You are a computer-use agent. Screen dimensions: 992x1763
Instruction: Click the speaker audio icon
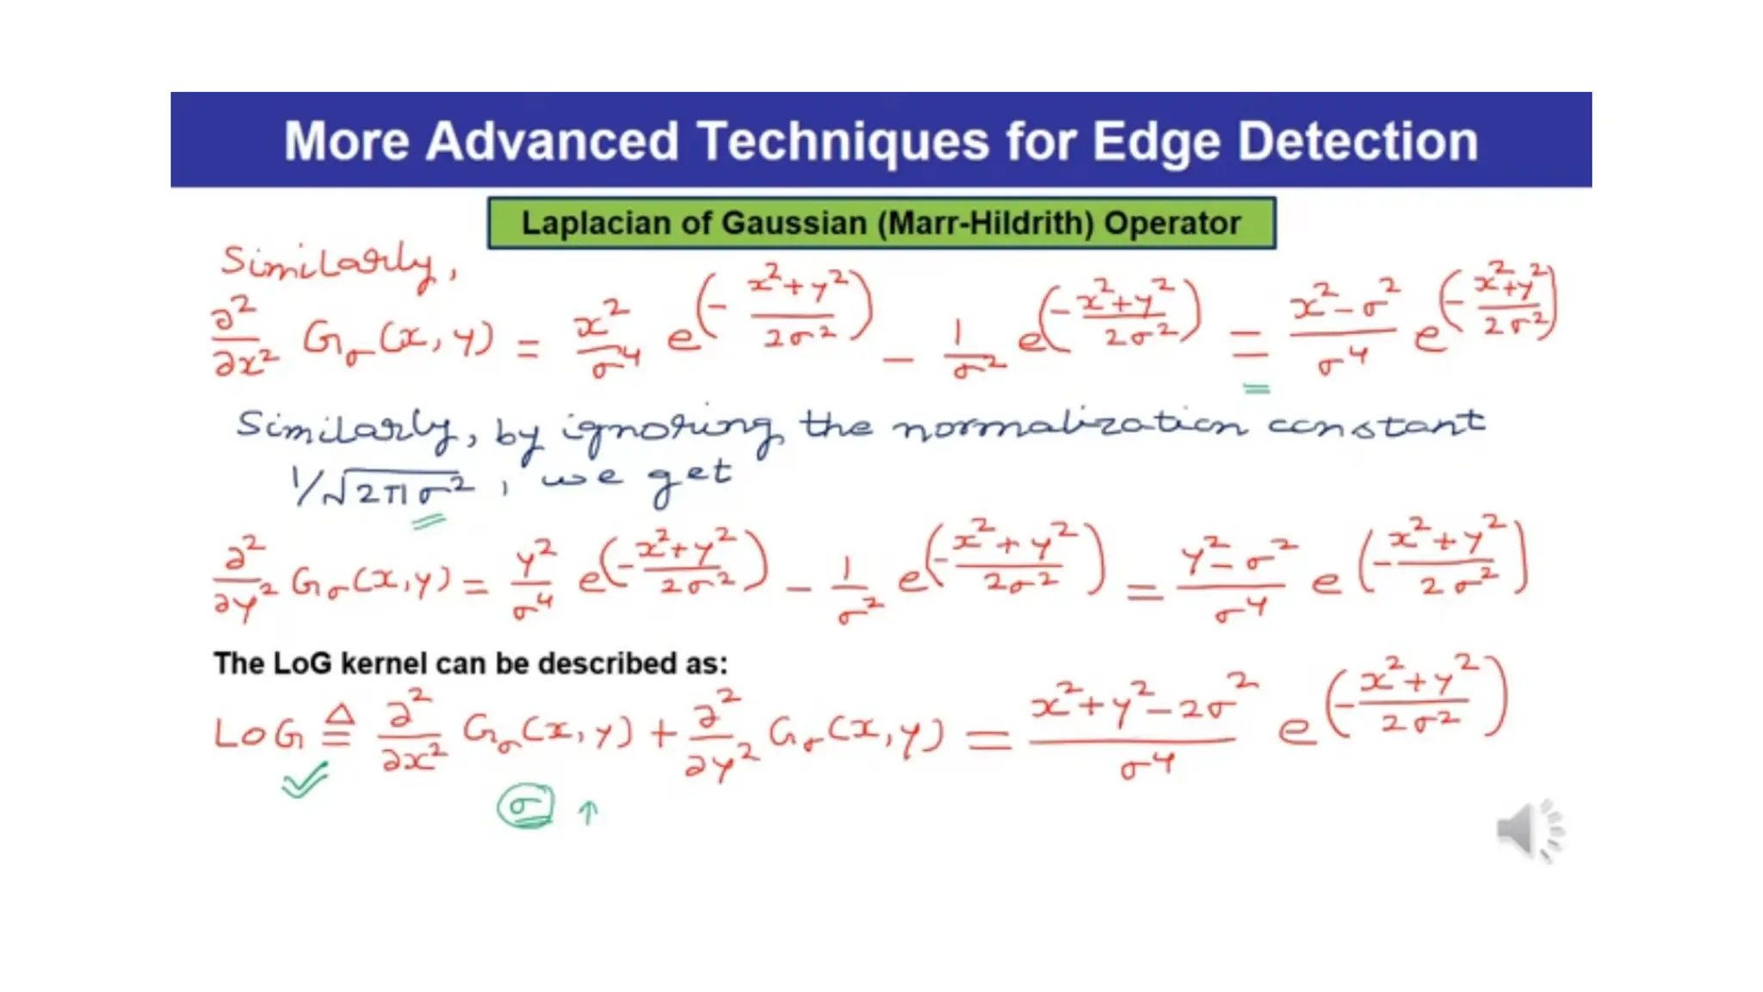point(1529,830)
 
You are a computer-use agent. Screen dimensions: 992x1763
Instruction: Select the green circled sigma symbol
point(525,807)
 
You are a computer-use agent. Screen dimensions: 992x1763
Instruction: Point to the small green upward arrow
point(588,812)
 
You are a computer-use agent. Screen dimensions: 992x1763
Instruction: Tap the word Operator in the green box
point(1172,223)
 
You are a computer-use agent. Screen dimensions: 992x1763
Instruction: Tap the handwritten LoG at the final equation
point(258,734)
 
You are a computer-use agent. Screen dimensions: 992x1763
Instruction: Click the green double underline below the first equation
point(1257,389)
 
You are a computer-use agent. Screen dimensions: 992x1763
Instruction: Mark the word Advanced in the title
point(552,142)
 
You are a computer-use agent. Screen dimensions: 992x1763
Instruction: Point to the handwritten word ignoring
point(671,428)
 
